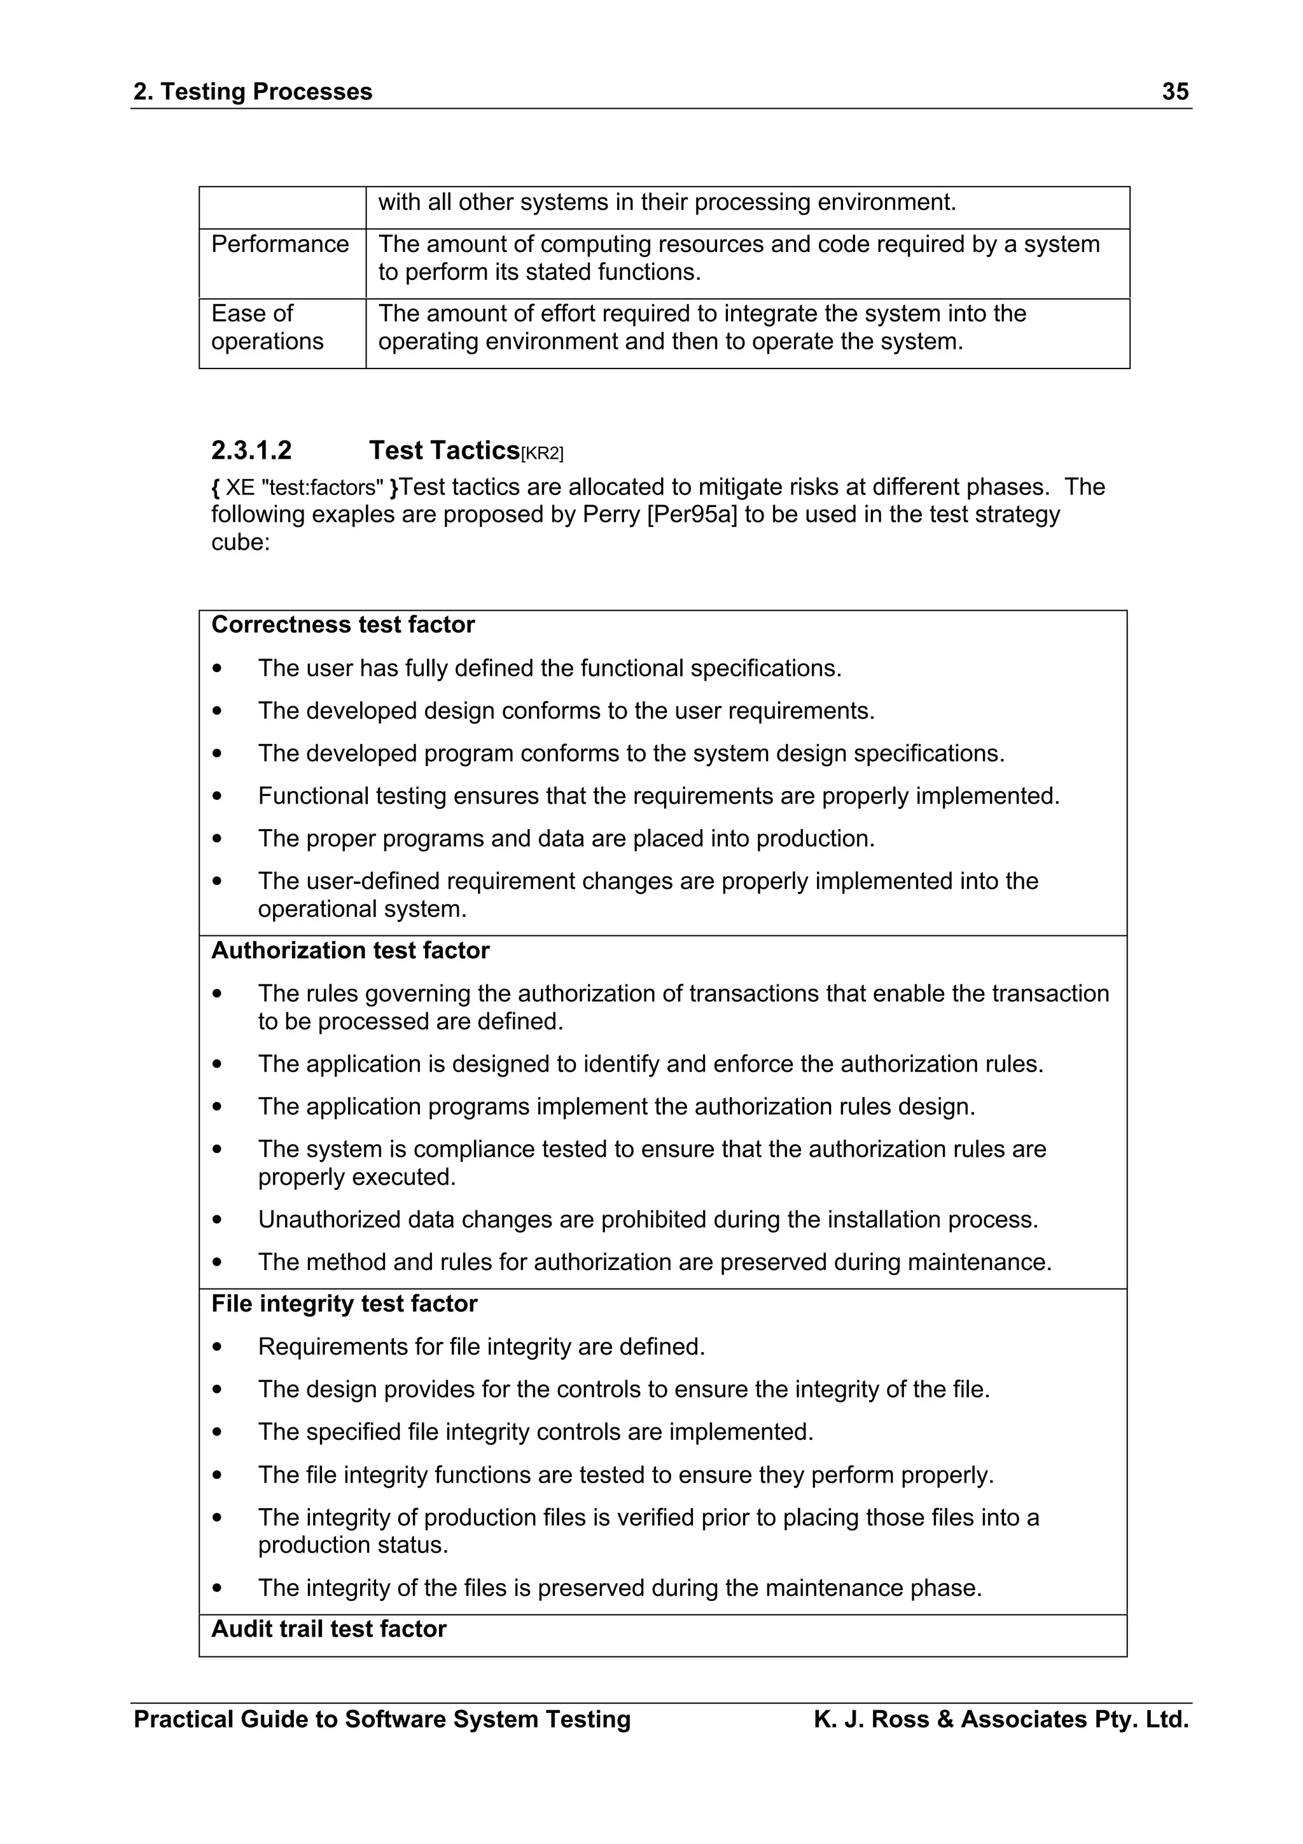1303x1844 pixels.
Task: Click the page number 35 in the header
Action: (1174, 92)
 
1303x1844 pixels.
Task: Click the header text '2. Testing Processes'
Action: (253, 92)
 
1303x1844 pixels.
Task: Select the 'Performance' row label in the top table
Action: (279, 244)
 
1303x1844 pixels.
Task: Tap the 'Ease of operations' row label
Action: (267, 328)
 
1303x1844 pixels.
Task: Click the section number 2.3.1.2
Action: (251, 451)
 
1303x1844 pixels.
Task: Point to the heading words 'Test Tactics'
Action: (444, 451)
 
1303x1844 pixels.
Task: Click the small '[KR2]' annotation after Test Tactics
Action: (542, 454)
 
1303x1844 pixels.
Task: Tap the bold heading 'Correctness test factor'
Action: (343, 625)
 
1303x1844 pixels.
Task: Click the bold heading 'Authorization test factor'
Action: (350, 951)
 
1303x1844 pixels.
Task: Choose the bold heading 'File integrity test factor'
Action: (344, 1304)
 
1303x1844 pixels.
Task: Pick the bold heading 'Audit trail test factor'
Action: (328, 1629)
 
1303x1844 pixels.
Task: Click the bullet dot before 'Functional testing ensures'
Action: (217, 797)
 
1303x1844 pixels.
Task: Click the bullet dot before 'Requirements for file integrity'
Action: (217, 1347)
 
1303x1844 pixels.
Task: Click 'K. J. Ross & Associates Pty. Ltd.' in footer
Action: (1000, 1719)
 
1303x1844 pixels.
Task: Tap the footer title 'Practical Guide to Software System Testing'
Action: (382, 1719)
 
